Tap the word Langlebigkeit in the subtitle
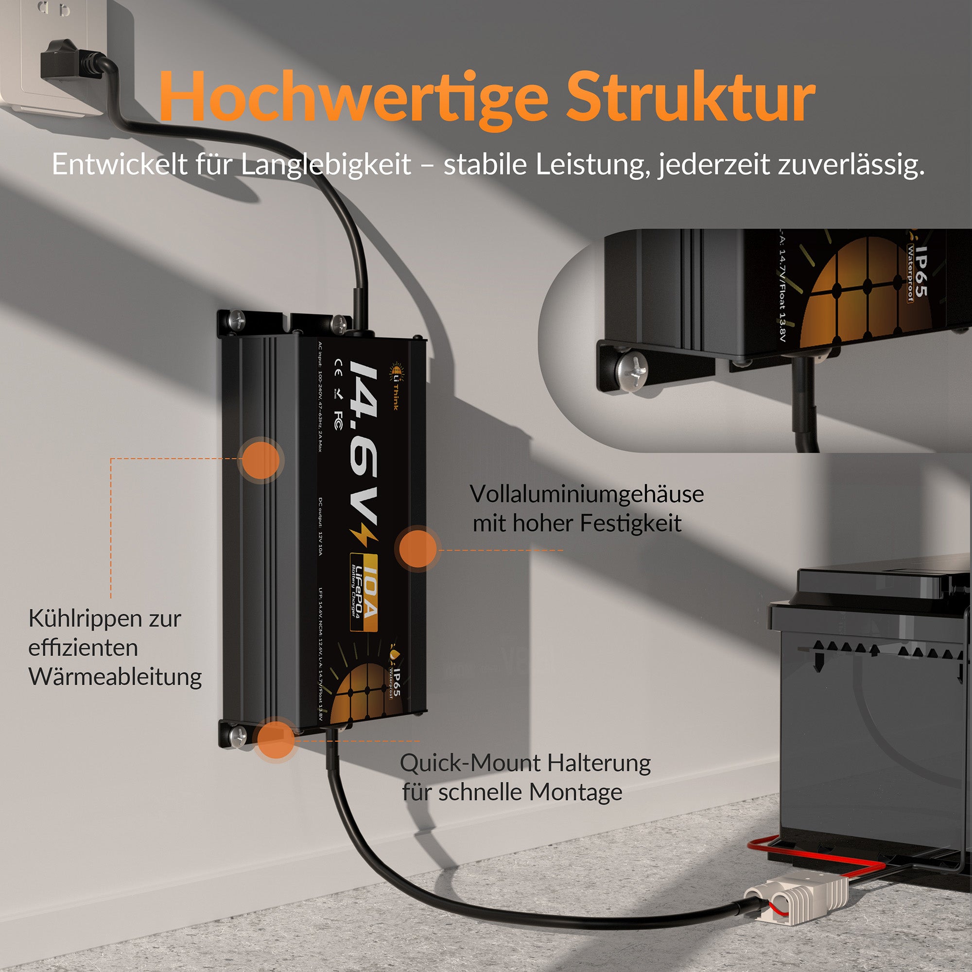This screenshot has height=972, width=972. click(x=326, y=165)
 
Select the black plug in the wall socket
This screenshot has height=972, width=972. click(x=60, y=60)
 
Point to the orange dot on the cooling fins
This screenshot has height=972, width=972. click(x=260, y=460)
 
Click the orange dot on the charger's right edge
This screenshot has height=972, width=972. click(x=417, y=549)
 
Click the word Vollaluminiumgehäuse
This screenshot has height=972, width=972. click(x=587, y=495)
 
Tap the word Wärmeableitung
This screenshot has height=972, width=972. click(x=115, y=677)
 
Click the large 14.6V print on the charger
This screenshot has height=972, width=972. click(x=363, y=443)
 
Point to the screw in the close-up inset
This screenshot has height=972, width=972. click(x=632, y=371)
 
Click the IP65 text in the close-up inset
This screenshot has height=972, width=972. click(x=920, y=272)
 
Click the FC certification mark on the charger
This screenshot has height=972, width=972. click(x=339, y=420)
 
